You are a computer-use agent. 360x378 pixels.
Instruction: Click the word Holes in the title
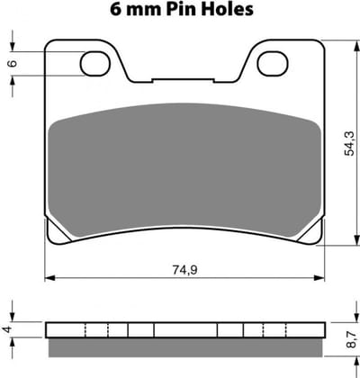pos(228,9)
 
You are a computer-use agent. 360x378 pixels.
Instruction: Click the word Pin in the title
pos(182,9)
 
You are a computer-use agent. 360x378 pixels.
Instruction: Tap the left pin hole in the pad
pos(94,63)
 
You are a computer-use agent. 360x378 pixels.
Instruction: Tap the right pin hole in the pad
pos(273,63)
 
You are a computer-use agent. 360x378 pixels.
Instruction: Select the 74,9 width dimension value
pos(184,270)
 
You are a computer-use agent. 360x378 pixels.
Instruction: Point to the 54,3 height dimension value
pos(349,144)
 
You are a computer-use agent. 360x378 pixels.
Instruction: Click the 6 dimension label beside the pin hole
pos(13,63)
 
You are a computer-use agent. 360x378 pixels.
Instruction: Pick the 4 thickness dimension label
pos(8,329)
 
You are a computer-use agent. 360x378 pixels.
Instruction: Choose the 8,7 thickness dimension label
pos(351,339)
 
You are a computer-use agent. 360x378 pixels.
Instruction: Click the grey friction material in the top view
pos(184,169)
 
